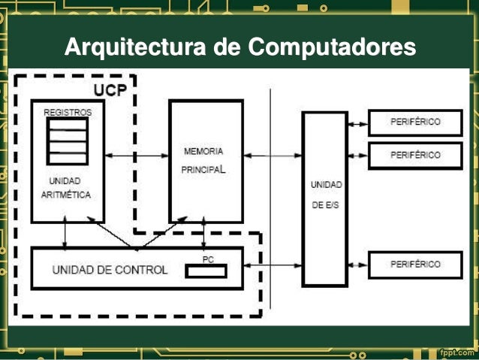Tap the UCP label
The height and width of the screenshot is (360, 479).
pos(110,89)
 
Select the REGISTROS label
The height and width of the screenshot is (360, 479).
pos(68,112)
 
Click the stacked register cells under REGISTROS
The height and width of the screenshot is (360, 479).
pos(68,141)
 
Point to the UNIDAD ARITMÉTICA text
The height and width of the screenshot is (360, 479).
pos(66,188)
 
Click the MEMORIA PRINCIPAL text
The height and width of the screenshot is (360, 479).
pos(203,160)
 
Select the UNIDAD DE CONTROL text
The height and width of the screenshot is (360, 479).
pos(110,269)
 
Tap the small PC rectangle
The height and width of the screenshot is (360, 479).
pos(205,271)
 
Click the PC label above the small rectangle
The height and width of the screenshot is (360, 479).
pos(208,259)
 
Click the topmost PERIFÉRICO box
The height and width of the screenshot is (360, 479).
pos(415,122)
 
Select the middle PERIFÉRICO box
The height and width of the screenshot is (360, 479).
pos(415,155)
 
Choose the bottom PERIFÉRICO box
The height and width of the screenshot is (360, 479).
pos(415,264)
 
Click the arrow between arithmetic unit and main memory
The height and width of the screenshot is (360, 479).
pos(137,156)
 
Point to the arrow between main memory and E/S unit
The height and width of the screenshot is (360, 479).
pos(272,156)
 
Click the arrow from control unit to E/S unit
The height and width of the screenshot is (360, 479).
pos(272,265)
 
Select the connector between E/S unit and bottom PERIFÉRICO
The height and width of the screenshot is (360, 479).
pos(358,265)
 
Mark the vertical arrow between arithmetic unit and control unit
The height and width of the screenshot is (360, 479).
pos(65,234)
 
